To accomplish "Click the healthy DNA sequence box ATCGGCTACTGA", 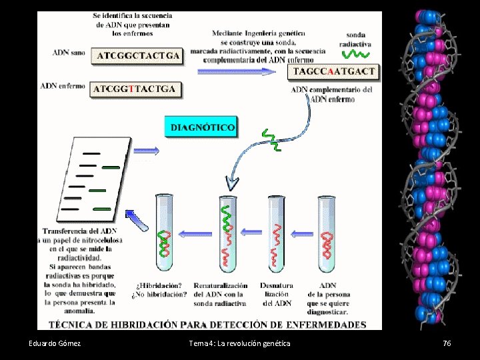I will pyautogui.click(x=138, y=55).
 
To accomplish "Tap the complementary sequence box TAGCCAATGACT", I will pyautogui.click(x=334, y=71).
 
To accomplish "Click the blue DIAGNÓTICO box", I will pyautogui.click(x=202, y=127).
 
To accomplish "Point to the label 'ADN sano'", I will pyautogui.click(x=69, y=53).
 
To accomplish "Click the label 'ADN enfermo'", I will pyautogui.click(x=63, y=86).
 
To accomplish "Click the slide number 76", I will pyautogui.click(x=447, y=343).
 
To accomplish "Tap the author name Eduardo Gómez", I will pyautogui.click(x=55, y=343).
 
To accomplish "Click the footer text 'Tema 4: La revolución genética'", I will pyautogui.click(x=240, y=343).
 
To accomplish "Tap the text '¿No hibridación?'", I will pyautogui.click(x=162, y=294).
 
